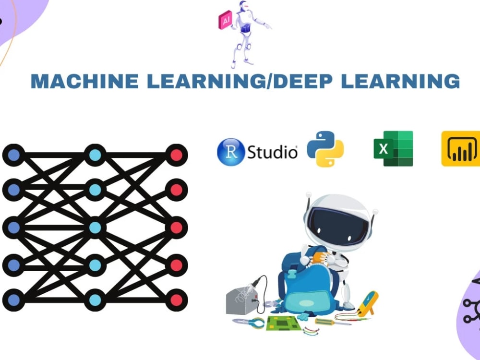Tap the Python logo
[x=325, y=149]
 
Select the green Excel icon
[x=393, y=149]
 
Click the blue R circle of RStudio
[x=231, y=152]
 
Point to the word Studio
[x=272, y=152]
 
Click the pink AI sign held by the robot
[x=225, y=21]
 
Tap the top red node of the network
[x=176, y=155]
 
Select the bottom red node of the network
[x=176, y=300]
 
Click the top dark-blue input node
[x=13, y=155]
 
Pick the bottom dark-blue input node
[x=13, y=300]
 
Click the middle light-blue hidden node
[x=95, y=228]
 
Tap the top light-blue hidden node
[x=95, y=155]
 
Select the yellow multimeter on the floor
[x=368, y=302]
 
